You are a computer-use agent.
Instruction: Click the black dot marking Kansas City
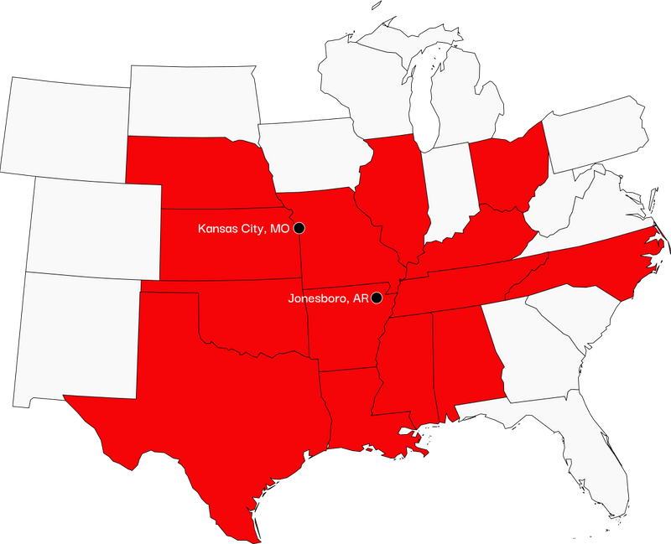[299, 228]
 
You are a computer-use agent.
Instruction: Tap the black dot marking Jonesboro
[377, 298]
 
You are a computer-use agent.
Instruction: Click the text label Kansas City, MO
[243, 228]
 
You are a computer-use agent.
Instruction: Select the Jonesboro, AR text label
[329, 298]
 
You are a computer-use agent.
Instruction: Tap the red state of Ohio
[507, 168]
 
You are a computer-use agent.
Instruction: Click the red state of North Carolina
[604, 260]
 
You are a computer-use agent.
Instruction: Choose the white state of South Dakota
[193, 105]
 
